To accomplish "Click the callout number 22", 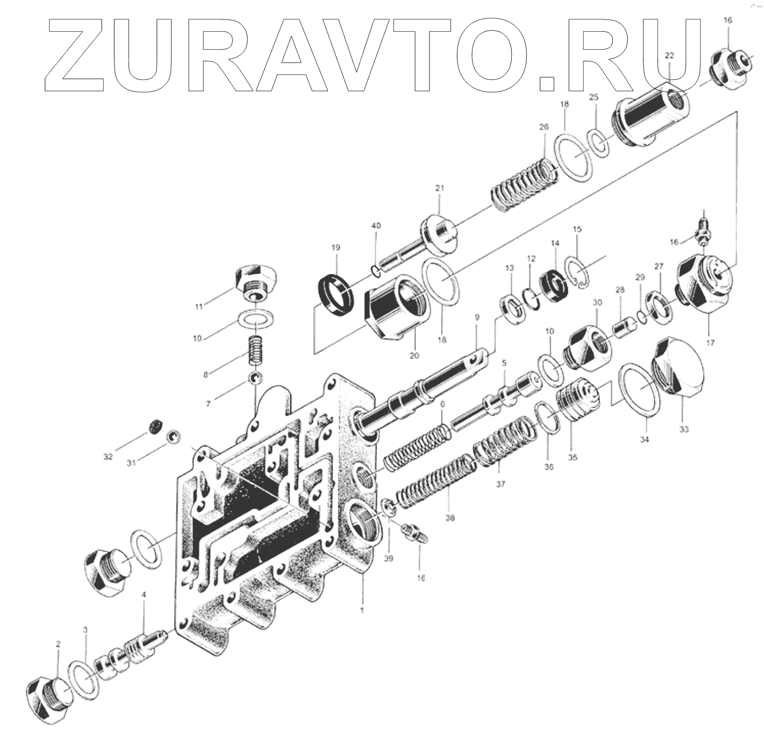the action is pyautogui.click(x=669, y=56).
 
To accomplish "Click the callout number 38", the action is pyautogui.click(x=450, y=518).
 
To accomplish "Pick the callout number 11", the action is pyautogui.click(x=199, y=307).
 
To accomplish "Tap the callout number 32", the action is pyautogui.click(x=108, y=457).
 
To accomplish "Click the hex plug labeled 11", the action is pyautogui.click(x=254, y=282).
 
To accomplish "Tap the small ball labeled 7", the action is pyautogui.click(x=255, y=378).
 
